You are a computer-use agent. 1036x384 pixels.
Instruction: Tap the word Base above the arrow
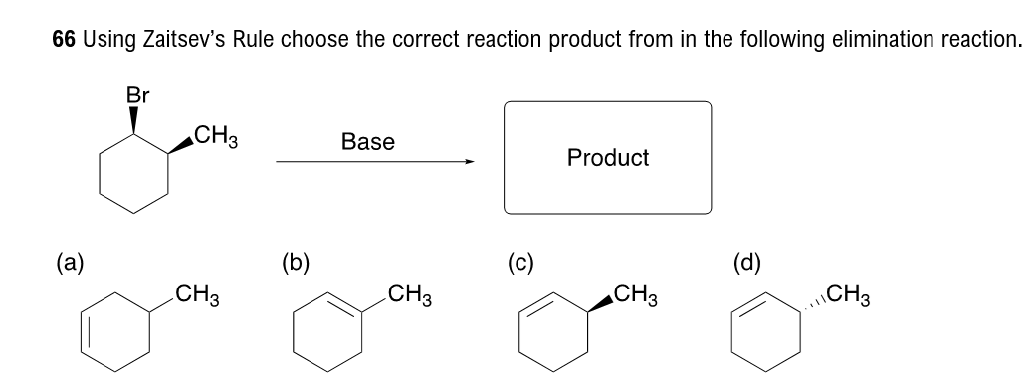coord(367,142)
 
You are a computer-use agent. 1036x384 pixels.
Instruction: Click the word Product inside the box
coord(607,157)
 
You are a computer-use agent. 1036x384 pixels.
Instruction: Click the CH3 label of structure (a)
coord(197,295)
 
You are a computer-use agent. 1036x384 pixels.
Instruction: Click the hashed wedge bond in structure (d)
coord(811,299)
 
